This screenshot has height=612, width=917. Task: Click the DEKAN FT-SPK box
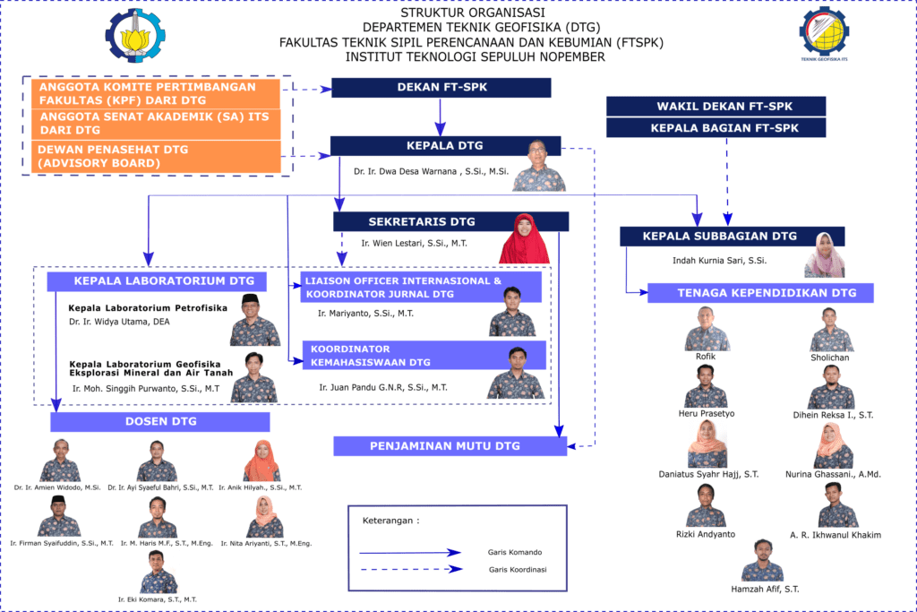(441, 88)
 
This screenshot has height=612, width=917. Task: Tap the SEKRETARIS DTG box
(421, 221)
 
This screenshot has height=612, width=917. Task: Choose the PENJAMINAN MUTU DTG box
(450, 445)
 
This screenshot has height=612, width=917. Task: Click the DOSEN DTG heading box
(160, 421)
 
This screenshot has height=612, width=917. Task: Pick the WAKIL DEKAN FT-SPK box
(716, 106)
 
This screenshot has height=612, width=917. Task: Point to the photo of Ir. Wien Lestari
(524, 238)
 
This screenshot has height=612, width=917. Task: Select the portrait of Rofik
(707, 329)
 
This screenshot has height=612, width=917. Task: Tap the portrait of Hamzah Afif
(763, 561)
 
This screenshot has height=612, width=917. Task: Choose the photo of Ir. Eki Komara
(158, 571)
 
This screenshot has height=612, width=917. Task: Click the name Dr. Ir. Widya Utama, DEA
(119, 321)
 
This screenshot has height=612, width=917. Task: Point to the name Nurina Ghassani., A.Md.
(833, 474)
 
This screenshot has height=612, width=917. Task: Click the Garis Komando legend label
(513, 552)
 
